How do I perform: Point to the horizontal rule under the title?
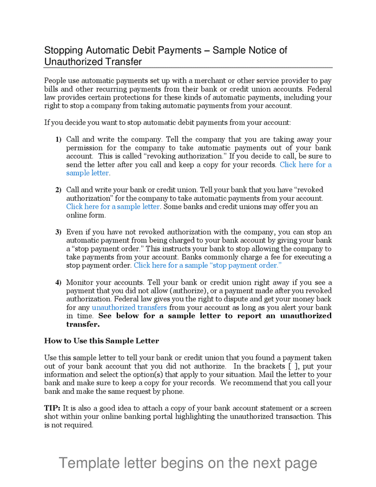tap(188, 68)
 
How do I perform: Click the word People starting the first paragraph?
tap(56, 81)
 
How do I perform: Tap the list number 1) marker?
tap(58, 140)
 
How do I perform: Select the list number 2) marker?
tap(58, 190)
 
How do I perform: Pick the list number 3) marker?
tap(58, 232)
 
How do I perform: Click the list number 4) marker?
tap(58, 282)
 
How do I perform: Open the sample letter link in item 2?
tap(113, 207)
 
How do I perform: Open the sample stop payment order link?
tap(207, 266)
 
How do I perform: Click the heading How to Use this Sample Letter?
tap(101, 341)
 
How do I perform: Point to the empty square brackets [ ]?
tap(294, 366)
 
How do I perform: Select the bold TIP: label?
tap(52, 408)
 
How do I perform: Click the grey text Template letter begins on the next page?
tap(188, 463)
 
